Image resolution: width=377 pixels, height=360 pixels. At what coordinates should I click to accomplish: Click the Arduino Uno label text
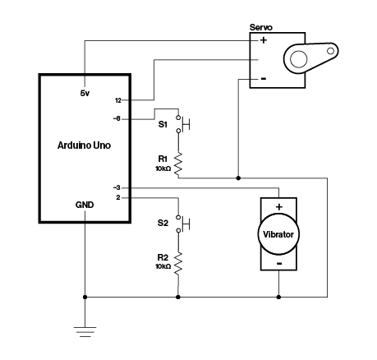[84, 145]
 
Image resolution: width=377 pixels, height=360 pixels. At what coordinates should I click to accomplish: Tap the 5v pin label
[85, 94]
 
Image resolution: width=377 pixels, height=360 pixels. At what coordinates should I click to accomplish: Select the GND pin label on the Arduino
[85, 205]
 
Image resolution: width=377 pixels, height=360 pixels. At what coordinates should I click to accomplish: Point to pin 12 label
[118, 100]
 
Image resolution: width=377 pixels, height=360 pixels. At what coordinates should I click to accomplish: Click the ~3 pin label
[117, 188]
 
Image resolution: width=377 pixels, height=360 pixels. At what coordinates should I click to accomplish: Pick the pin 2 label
[118, 197]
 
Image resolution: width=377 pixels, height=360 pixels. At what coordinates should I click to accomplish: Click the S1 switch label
[163, 125]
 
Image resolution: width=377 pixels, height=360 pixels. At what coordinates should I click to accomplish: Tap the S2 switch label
[163, 224]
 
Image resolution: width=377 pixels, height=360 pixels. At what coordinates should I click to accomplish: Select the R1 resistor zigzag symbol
[178, 164]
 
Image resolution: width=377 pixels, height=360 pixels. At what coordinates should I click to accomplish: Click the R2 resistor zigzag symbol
[178, 264]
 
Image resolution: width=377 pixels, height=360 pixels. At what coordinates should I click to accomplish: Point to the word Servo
[261, 27]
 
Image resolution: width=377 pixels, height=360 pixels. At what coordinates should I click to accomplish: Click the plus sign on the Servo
[264, 40]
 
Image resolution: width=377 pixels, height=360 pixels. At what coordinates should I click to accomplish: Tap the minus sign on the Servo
[264, 79]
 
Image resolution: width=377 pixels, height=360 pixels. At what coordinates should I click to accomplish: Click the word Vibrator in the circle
[278, 234]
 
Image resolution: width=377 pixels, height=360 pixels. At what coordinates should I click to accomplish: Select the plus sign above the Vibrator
[279, 207]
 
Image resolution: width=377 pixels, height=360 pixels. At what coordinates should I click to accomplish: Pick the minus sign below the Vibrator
[279, 264]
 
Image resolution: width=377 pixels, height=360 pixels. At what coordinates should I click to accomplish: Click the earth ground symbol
[85, 331]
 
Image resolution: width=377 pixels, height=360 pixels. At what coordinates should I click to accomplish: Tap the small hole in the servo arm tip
[331, 51]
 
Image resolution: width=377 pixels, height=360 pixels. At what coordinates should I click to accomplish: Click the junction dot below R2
[178, 297]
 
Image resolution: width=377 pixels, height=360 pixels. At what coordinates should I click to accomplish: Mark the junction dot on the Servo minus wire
[238, 178]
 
